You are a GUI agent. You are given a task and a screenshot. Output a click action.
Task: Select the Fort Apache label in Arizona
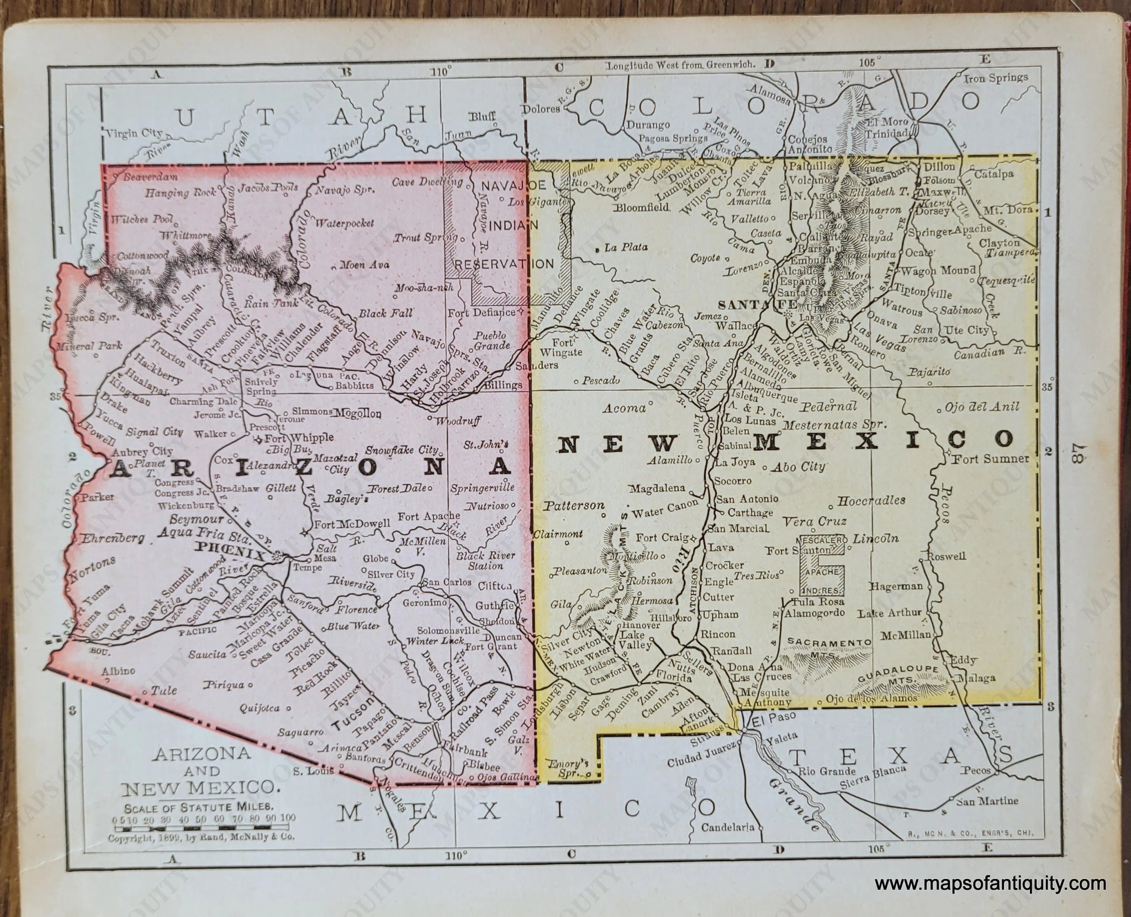(422, 516)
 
